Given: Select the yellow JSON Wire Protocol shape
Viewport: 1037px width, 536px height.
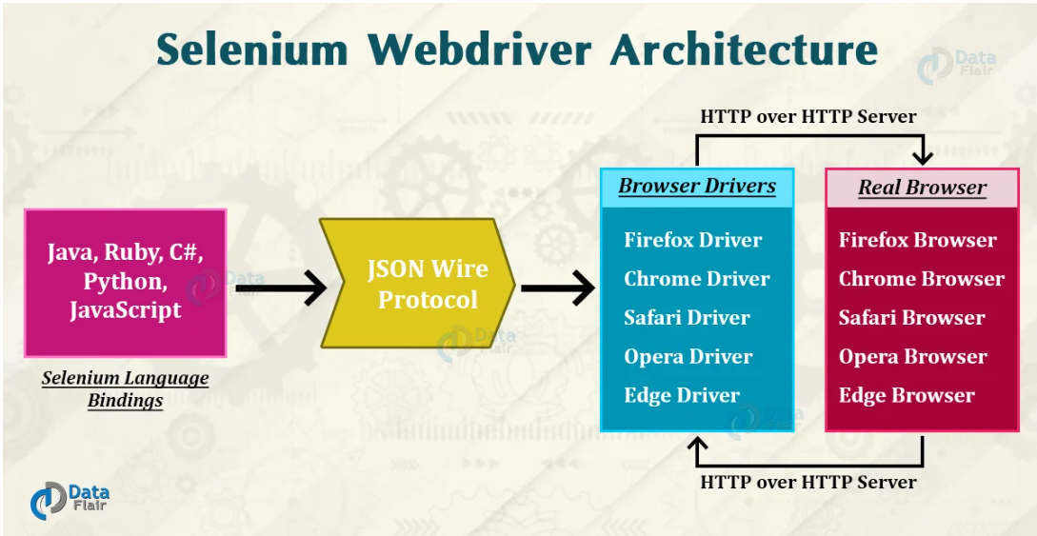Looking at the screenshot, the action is (419, 284).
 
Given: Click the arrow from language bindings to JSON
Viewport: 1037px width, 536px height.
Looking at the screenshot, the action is (281, 287).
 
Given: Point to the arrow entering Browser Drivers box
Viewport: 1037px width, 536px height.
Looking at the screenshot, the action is (558, 287).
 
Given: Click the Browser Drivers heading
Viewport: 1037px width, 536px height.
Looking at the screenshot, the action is (697, 186).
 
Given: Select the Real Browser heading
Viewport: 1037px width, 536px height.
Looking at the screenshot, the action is (922, 188).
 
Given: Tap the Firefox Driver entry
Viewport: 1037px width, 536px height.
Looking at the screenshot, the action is (692, 240).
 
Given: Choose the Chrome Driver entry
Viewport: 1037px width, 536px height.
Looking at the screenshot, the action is (696, 279).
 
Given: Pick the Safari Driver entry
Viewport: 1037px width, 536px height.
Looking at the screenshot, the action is (687, 318).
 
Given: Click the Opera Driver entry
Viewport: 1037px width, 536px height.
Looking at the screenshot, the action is (688, 357).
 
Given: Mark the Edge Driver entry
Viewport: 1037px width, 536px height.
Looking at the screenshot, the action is (681, 396).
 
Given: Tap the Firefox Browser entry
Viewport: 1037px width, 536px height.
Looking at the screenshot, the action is (917, 240).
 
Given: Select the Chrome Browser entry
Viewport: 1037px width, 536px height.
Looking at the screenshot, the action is (921, 279).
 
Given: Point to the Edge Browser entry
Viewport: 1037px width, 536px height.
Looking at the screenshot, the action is (906, 396).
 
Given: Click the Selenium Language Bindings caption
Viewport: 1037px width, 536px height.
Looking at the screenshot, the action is (125, 388).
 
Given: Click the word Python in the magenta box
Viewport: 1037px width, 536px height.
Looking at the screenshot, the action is (124, 282).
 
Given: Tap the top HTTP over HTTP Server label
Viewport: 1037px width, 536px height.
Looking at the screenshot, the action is (808, 117).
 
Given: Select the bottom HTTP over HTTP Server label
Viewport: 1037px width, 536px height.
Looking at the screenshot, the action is (808, 483).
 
